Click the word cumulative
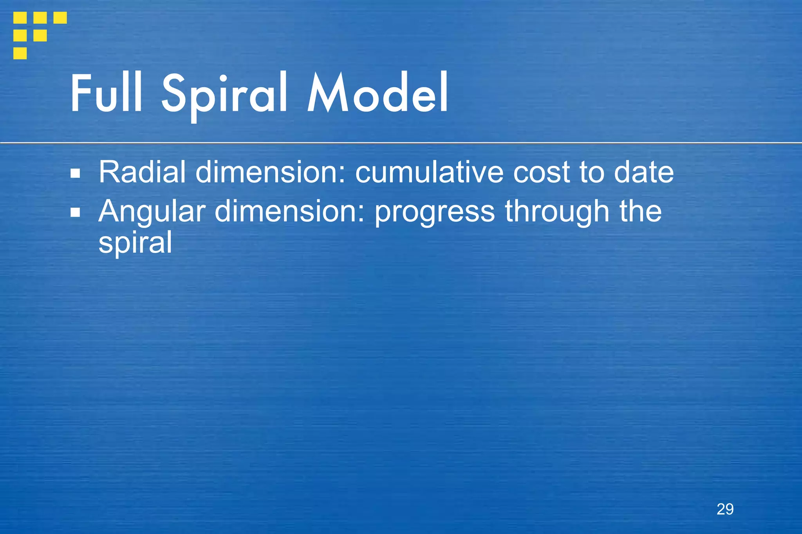pyautogui.click(x=429, y=172)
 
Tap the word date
pyautogui.click(x=643, y=172)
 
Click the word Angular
pyautogui.click(x=152, y=212)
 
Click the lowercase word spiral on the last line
pyautogui.click(x=135, y=243)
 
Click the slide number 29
pyautogui.click(x=725, y=509)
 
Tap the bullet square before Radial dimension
pyautogui.click(x=75, y=173)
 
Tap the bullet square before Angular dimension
pyautogui.click(x=75, y=212)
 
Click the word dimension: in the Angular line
pyautogui.click(x=290, y=211)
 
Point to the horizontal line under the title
pyautogui.click(x=401, y=143)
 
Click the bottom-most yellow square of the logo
pyautogui.click(x=20, y=53)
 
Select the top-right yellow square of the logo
pyautogui.click(x=60, y=18)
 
